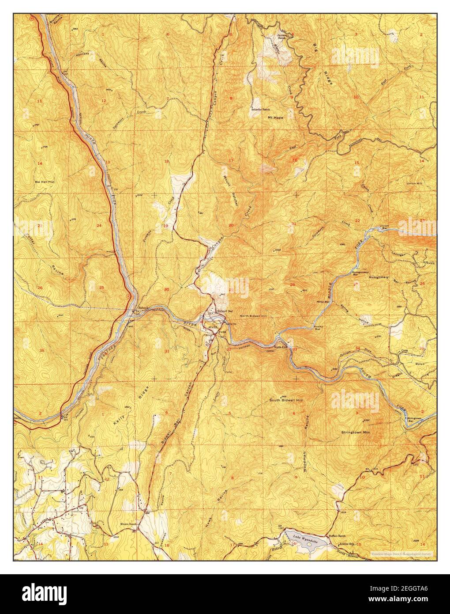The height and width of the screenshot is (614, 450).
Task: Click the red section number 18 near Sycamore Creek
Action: (x=166, y=162)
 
